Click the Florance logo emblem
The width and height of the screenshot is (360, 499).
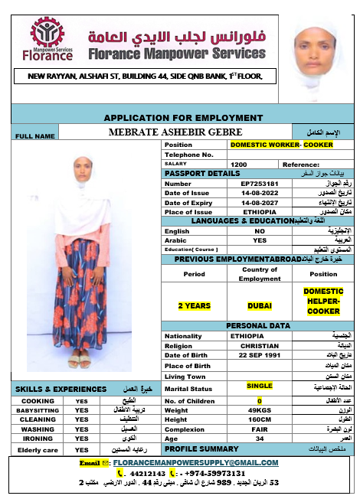coord(52,33)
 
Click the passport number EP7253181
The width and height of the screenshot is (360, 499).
coord(259,184)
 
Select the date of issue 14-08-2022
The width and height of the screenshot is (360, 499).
coord(259,193)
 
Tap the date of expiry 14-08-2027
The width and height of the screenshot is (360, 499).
coord(259,202)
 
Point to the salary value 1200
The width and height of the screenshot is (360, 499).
coord(238,165)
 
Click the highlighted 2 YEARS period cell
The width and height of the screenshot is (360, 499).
coord(195,305)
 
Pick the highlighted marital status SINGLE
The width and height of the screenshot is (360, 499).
coord(259,386)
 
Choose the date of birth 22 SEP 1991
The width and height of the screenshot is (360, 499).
coord(259,354)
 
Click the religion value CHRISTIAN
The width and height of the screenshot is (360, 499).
coord(259,345)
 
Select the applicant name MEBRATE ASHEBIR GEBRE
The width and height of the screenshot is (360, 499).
coord(186,132)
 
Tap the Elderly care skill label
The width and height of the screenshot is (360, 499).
coord(37,449)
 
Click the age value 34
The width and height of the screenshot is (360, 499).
coord(259,439)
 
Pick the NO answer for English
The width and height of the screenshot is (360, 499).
coord(259,230)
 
